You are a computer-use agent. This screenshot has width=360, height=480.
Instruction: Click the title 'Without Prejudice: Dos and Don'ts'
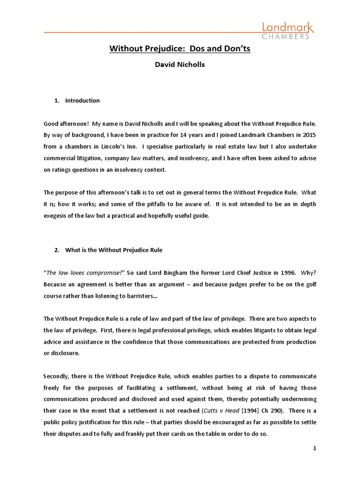[x=180, y=48]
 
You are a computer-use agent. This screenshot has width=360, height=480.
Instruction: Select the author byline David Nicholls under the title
[x=180, y=65]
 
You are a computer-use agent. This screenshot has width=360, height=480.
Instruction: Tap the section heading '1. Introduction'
[x=82, y=100]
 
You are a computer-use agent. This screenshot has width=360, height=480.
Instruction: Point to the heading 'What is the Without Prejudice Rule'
[x=113, y=250]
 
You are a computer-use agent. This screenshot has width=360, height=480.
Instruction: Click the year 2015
[x=309, y=135]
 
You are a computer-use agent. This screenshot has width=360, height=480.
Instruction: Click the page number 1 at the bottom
[x=315, y=448]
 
